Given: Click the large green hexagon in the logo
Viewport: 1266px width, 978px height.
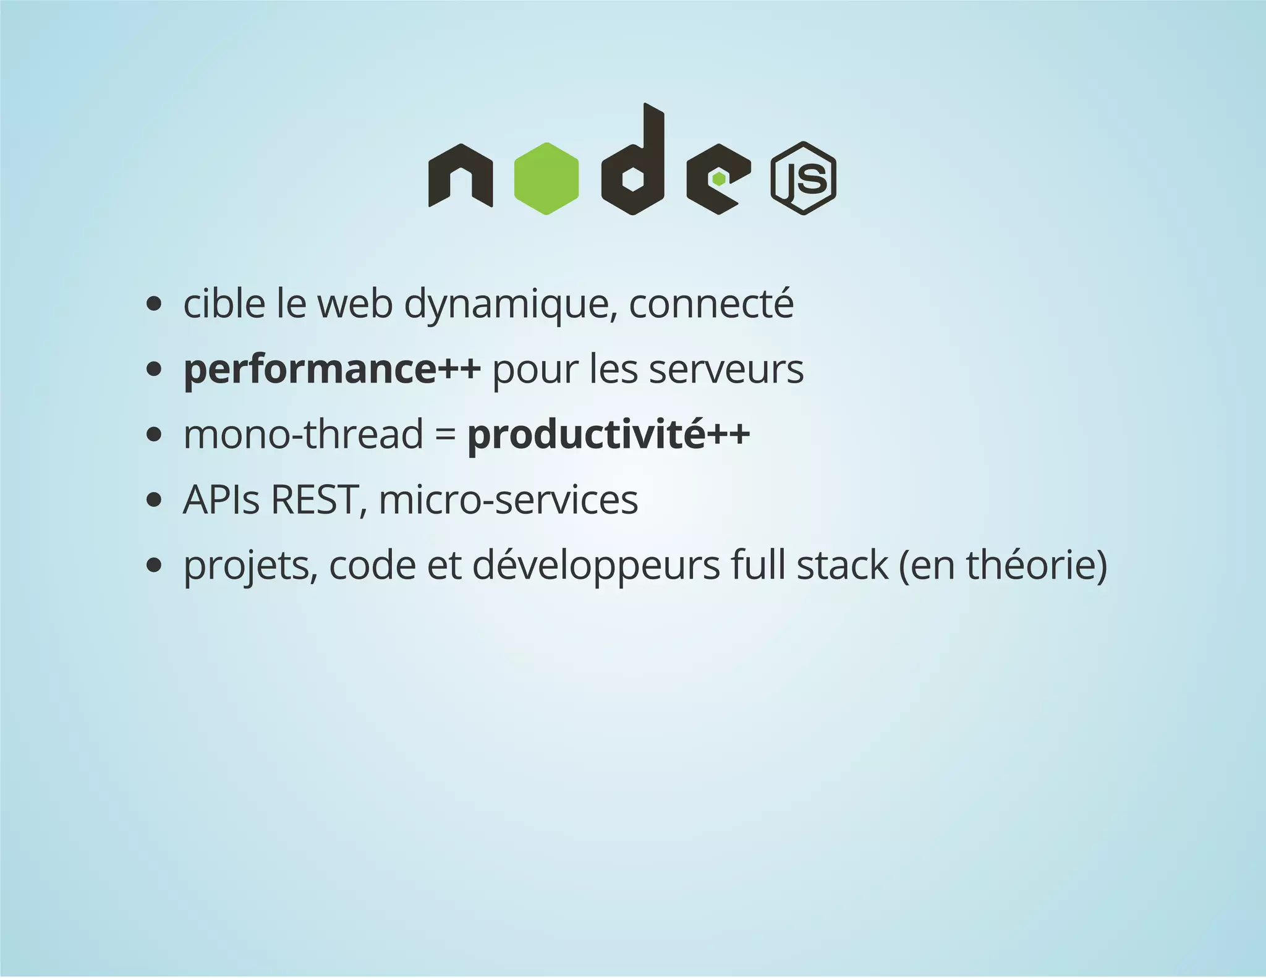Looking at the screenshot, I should [x=546, y=179].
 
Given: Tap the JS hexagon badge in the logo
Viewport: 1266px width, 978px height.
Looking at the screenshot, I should [x=803, y=178].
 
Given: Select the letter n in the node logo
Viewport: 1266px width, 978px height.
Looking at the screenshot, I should [x=460, y=176].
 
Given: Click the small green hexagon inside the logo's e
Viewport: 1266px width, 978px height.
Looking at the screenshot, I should [x=718, y=179].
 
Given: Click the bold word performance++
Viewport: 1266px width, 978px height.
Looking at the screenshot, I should [x=332, y=370].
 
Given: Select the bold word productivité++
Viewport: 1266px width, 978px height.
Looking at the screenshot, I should [x=608, y=435].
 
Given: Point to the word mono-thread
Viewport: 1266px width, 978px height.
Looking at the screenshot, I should [x=303, y=434].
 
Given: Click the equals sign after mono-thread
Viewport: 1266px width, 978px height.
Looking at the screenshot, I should [x=445, y=435].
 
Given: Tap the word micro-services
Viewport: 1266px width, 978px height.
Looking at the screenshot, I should [x=508, y=500].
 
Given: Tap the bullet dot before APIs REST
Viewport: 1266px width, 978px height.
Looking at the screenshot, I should [x=154, y=500].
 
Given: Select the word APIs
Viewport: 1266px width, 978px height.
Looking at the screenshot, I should [x=221, y=500].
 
